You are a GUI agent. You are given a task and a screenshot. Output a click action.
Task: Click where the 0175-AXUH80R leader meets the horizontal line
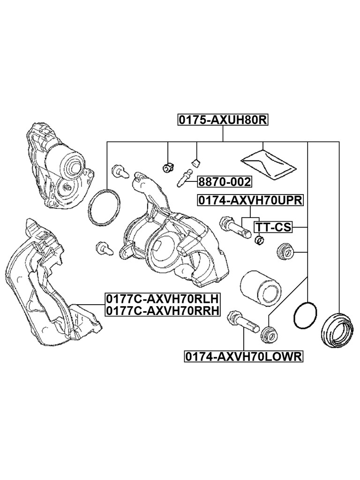coord(223,142)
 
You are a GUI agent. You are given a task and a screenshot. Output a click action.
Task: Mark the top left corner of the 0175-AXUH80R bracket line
coord(107,142)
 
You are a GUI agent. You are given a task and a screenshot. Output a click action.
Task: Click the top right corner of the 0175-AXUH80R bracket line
coord(339,142)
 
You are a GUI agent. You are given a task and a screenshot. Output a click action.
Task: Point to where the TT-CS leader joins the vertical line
coord(307,227)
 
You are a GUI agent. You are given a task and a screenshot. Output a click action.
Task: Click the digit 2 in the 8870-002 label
coord(247,182)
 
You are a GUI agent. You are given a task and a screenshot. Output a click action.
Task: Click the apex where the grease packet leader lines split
coord(262,150)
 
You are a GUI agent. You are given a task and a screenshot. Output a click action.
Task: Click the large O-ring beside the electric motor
coord(104,208)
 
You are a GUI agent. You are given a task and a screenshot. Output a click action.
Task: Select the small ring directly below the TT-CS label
coord(260,240)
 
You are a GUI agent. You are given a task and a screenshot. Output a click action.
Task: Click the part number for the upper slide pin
coord(250,201)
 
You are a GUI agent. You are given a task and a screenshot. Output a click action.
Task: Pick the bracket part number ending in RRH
coord(163,311)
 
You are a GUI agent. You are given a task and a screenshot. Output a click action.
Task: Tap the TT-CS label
coord(273,227)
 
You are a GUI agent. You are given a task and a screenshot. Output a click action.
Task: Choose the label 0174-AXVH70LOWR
coord(244,357)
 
